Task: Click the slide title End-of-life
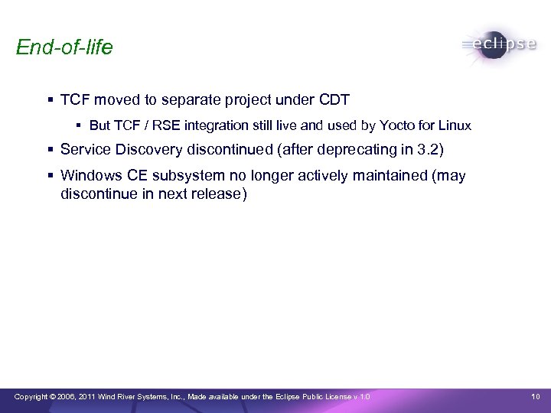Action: click(x=64, y=47)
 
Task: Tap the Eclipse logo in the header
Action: click(x=499, y=44)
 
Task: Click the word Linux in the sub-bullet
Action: click(x=455, y=125)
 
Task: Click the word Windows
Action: click(x=89, y=176)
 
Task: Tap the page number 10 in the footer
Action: click(x=536, y=396)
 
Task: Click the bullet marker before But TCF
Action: click(x=80, y=125)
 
